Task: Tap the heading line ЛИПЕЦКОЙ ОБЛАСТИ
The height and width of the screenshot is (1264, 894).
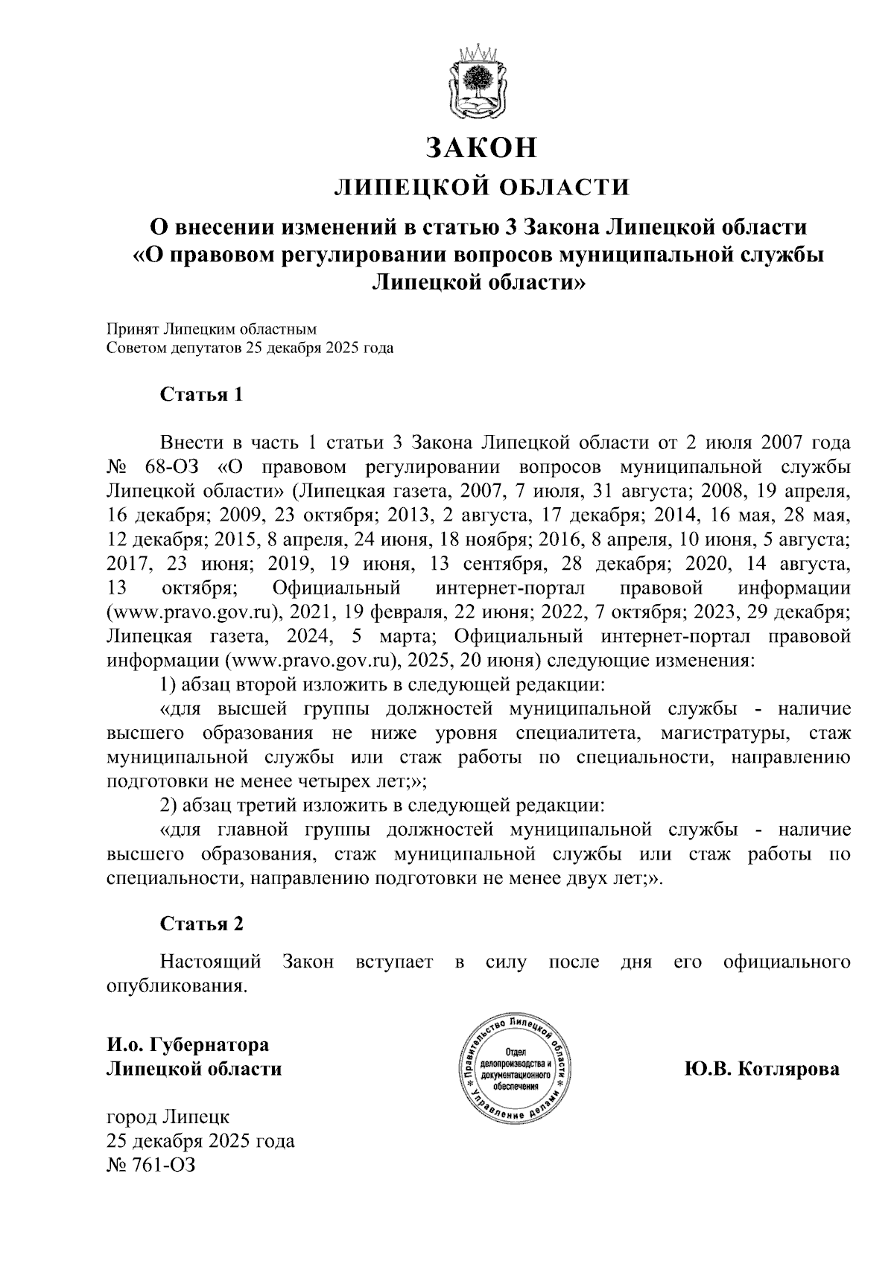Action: [x=481, y=186]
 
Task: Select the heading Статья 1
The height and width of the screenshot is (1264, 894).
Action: [x=202, y=395]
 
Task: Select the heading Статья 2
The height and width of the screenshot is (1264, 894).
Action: [x=202, y=924]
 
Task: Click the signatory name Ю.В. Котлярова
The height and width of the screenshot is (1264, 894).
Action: [x=761, y=1070]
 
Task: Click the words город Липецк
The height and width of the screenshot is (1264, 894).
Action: [x=168, y=1117]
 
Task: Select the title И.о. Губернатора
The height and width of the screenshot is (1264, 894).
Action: [x=187, y=1045]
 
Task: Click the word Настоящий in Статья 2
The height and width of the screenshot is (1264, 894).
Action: [x=211, y=962]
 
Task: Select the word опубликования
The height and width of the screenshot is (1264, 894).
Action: [x=176, y=986]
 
